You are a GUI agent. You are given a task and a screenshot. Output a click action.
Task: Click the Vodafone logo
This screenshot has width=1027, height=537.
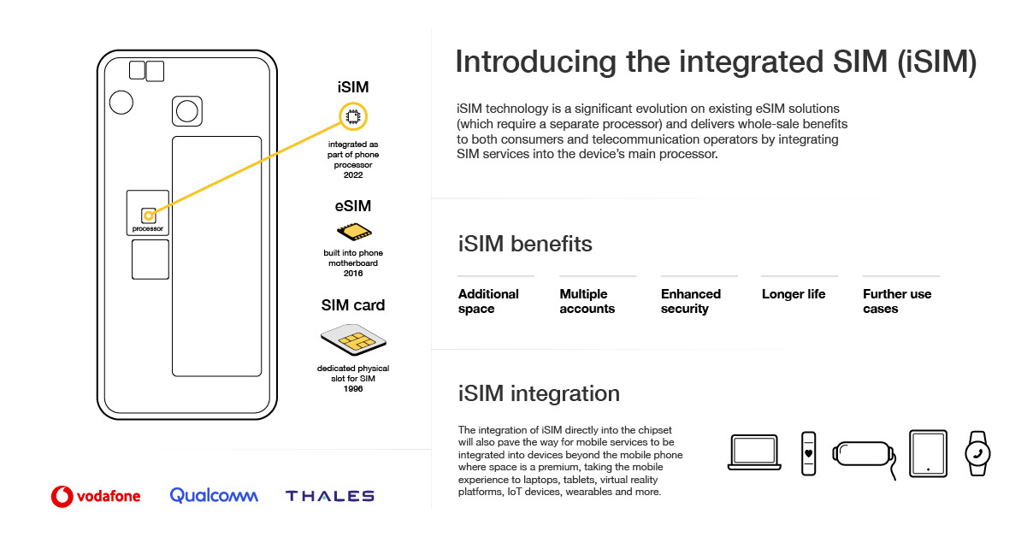click(x=96, y=496)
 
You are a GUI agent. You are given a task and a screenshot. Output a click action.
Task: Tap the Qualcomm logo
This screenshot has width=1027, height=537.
click(x=214, y=495)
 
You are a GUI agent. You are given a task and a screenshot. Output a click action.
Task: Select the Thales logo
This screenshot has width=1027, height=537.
click(x=329, y=496)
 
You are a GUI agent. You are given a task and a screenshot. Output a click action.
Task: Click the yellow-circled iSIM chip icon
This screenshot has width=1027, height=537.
click(x=353, y=116)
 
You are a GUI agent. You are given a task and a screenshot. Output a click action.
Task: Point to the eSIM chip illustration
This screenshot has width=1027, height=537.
click(x=354, y=232)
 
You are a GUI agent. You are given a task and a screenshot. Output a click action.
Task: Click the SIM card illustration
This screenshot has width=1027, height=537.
click(x=353, y=339)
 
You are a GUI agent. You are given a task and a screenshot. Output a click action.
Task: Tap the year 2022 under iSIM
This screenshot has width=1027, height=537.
click(x=353, y=175)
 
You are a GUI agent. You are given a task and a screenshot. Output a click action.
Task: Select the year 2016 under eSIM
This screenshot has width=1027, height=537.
click(x=353, y=274)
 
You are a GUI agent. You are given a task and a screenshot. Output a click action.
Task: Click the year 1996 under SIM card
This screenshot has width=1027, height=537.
click(x=353, y=389)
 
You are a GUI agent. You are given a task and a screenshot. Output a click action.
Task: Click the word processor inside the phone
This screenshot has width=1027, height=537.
click(x=148, y=228)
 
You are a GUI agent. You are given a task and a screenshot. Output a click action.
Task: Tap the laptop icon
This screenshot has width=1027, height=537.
click(x=754, y=452)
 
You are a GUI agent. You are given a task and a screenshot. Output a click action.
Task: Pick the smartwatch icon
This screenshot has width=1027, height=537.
click(x=977, y=453)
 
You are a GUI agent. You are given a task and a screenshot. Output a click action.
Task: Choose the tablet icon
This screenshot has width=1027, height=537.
click(x=928, y=453)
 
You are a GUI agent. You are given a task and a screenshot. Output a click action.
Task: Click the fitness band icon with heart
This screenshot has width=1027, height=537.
click(x=808, y=453)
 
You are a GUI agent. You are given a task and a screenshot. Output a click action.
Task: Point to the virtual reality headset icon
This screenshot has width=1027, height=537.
click(x=864, y=455)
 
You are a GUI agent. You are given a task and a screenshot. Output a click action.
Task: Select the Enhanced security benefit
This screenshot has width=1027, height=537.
click(x=690, y=301)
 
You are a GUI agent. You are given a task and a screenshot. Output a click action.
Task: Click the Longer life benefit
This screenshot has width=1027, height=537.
click(x=794, y=294)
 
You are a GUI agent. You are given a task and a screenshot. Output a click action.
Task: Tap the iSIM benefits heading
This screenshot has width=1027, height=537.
click(x=525, y=244)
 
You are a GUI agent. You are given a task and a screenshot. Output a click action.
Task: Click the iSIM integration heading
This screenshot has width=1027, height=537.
click(x=539, y=393)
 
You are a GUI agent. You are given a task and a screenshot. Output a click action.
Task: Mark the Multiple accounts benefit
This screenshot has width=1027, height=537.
click(x=587, y=301)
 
